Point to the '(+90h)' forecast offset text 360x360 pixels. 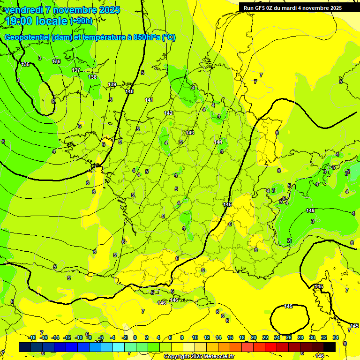(81, 21)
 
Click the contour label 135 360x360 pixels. (25, 64)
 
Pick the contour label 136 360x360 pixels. (56, 61)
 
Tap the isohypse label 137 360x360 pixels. (76, 70)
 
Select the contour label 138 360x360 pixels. (92, 77)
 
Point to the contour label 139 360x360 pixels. (112, 84)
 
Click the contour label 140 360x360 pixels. (129, 91)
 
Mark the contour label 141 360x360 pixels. (149, 100)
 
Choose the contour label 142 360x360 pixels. (168, 113)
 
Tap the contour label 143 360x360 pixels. (190, 133)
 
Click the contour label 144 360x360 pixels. (218, 142)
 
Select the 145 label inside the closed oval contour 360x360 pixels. (288, 306)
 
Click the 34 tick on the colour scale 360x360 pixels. (335, 337)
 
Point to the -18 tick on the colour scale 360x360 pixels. (32, 337)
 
